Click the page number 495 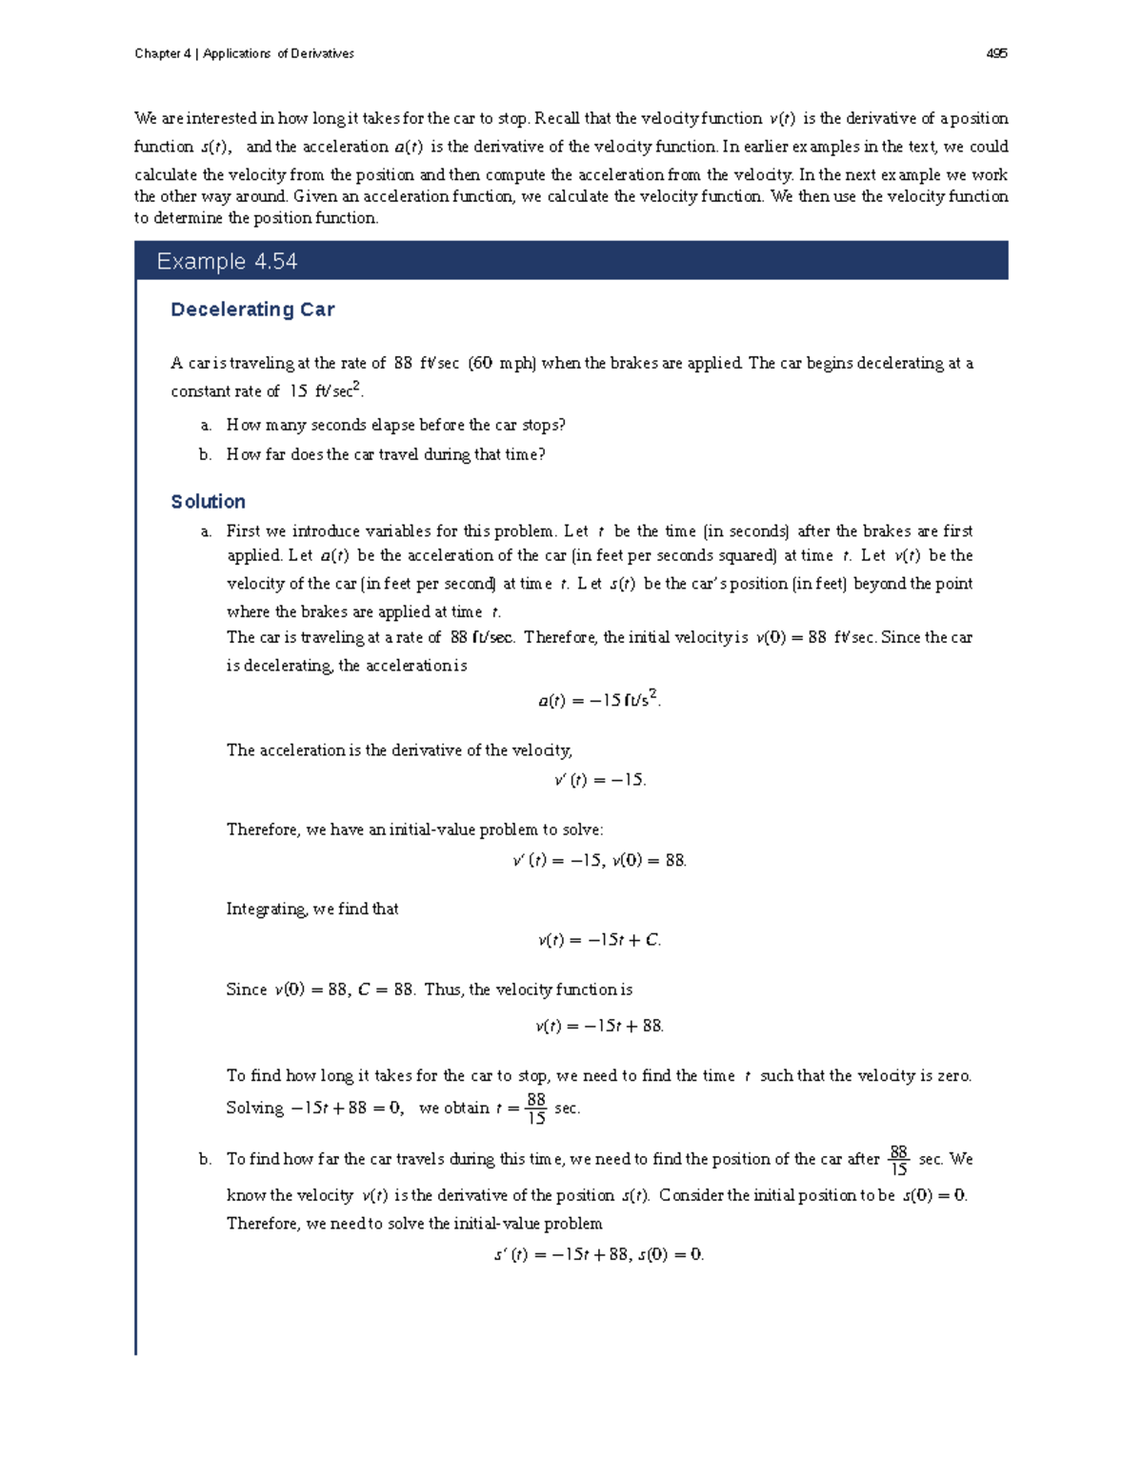tap(996, 53)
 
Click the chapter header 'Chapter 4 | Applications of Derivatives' tap(244, 53)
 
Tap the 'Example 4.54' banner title tap(227, 261)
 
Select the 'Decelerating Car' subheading tap(252, 310)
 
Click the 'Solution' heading tap(208, 502)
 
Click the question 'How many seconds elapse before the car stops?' tap(395, 425)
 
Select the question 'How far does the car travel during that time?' tap(385, 454)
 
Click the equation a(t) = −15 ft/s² tap(599, 700)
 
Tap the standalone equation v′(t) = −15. tap(599, 780)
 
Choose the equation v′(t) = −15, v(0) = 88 tap(599, 860)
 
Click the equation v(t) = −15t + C tap(599, 940)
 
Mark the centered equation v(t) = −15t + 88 tap(599, 1026)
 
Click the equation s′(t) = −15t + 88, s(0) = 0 tap(599, 1254)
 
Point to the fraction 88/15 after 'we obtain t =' tap(536, 1109)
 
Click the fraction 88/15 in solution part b tap(898, 1160)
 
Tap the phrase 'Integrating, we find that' tap(312, 909)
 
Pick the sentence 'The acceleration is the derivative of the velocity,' tap(399, 750)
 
